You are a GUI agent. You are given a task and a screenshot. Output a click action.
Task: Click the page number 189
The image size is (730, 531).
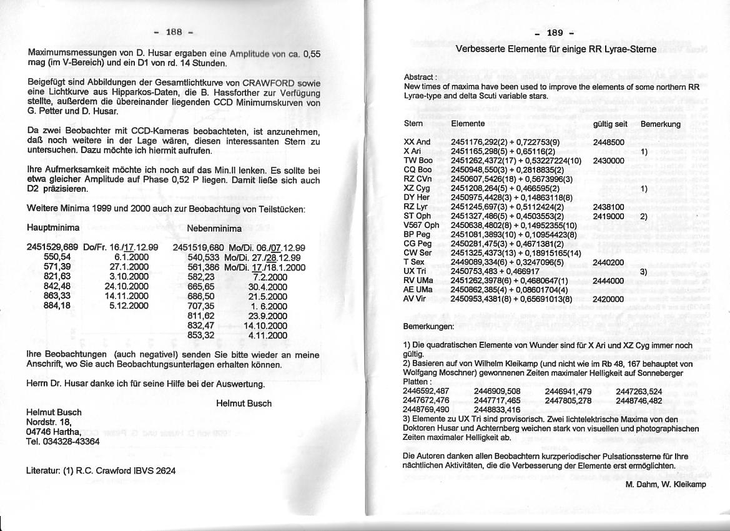click(x=555, y=33)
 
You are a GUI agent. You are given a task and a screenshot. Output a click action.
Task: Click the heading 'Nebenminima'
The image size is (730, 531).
click(x=214, y=229)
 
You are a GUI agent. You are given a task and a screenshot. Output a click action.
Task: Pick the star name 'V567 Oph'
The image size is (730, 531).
click(x=422, y=225)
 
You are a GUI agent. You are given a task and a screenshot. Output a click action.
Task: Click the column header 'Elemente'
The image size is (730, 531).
click(x=468, y=124)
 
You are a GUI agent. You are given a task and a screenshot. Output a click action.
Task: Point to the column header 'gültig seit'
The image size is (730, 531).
click(x=609, y=124)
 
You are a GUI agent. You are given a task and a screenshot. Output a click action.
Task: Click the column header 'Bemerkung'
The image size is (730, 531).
click(x=660, y=124)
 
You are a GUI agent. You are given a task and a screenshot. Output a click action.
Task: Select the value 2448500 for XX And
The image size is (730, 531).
click(x=608, y=142)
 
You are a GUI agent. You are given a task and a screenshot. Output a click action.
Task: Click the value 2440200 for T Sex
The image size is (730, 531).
click(x=608, y=262)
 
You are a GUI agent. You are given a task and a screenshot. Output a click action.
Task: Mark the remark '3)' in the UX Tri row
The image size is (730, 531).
click(x=643, y=272)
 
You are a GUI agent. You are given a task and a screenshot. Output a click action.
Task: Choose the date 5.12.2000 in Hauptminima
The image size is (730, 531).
click(x=129, y=305)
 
